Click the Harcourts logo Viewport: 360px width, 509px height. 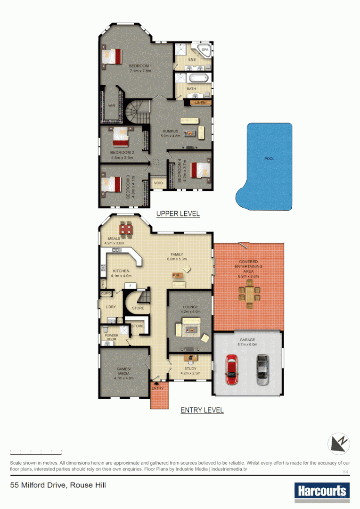click(322, 491)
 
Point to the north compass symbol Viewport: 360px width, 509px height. click(340, 444)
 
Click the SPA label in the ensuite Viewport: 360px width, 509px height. click(205, 49)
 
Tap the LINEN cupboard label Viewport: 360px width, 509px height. click(200, 102)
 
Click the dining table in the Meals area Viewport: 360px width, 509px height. click(126, 229)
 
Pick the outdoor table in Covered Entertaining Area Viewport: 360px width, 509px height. click(249, 295)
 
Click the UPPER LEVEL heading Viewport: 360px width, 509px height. click(178, 213)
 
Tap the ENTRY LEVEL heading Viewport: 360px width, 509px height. click(202, 410)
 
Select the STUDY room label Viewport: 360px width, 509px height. click(190, 369)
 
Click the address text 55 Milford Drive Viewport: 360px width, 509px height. click(55, 485)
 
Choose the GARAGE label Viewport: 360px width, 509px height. click(247, 339)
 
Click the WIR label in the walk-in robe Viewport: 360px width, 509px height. click(112, 106)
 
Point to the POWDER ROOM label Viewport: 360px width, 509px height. click(111, 337)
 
